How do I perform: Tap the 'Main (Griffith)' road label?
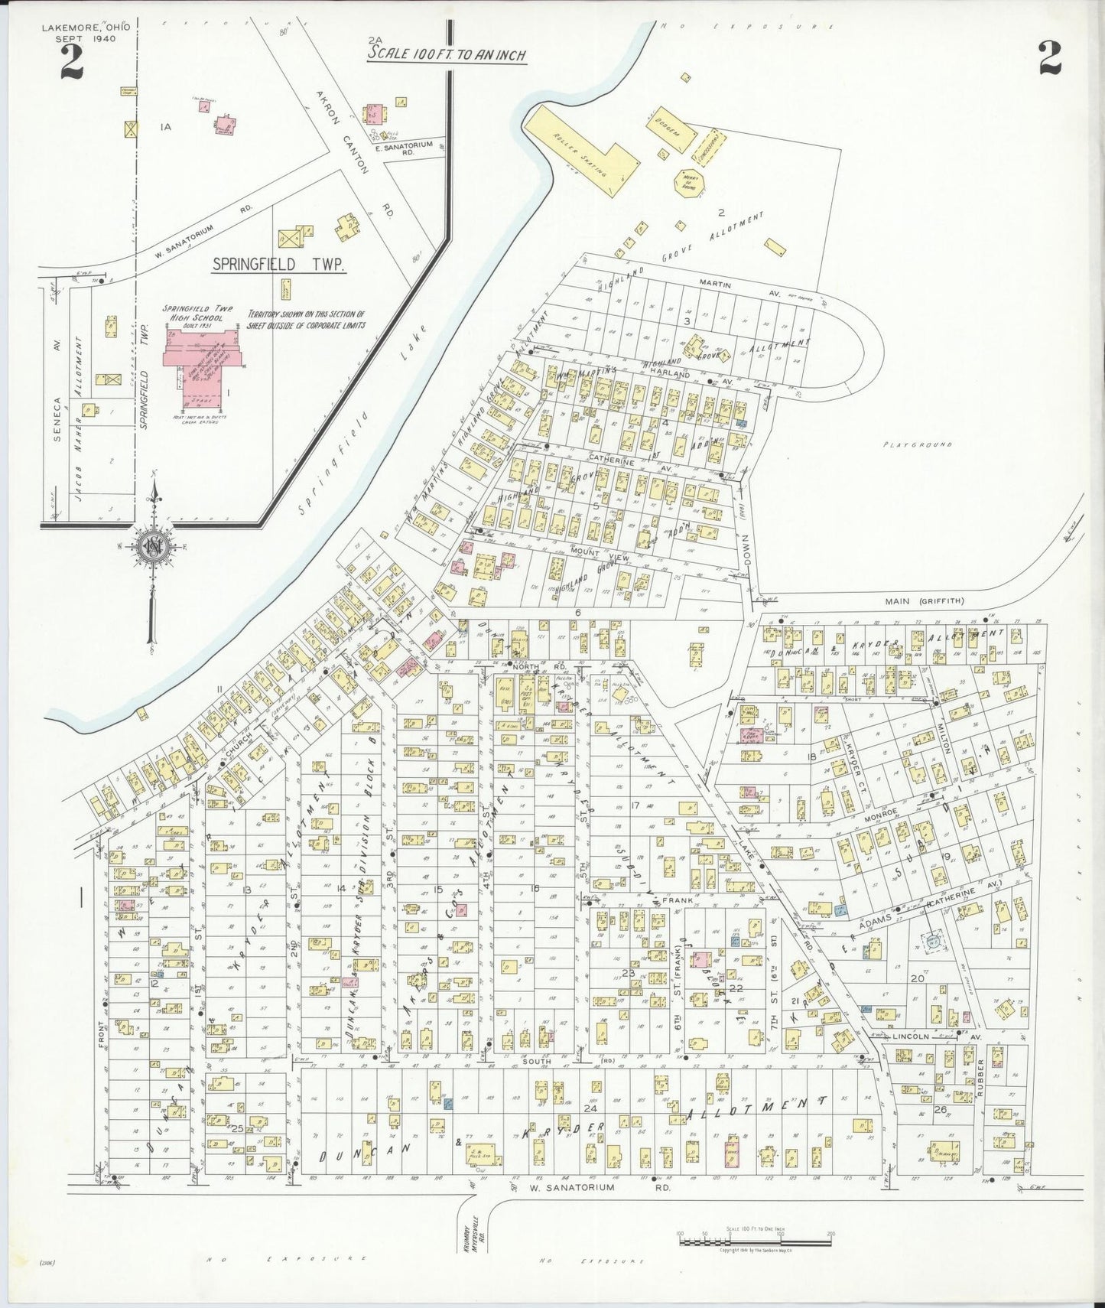tap(909, 601)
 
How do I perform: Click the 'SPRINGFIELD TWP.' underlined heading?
tap(278, 265)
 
